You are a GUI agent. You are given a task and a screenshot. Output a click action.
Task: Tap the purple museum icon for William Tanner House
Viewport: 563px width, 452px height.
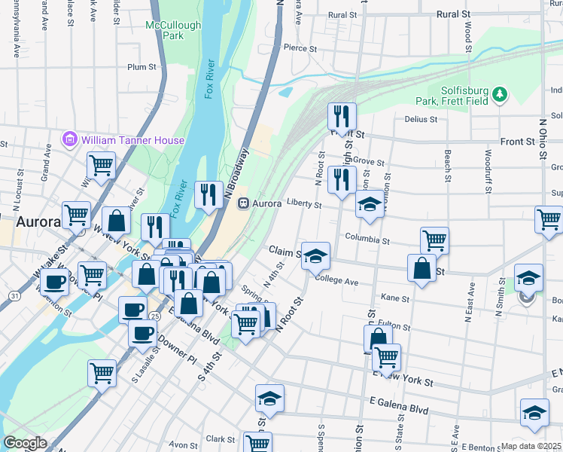pyautogui.click(x=70, y=139)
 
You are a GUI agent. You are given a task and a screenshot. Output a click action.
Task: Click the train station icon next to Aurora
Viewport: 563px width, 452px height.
pyautogui.click(x=243, y=203)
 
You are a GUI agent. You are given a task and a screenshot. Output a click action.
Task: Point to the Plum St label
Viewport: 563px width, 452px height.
pyautogui.click(x=142, y=67)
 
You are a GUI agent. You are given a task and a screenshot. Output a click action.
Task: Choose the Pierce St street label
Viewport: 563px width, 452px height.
pyautogui.click(x=299, y=47)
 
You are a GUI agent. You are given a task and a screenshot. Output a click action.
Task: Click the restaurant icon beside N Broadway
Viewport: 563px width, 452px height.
pyautogui.click(x=206, y=194)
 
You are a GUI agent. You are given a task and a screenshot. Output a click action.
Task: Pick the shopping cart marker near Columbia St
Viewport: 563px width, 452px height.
pyautogui.click(x=434, y=240)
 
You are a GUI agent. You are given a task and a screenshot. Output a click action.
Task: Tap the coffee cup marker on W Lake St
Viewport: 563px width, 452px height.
pyautogui.click(x=54, y=282)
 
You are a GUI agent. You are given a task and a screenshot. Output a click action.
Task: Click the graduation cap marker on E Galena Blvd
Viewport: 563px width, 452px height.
pyautogui.click(x=269, y=399)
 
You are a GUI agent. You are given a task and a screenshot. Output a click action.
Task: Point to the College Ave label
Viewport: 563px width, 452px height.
pyautogui.click(x=336, y=280)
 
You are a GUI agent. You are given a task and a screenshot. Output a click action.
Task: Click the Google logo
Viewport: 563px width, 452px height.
pyautogui.click(x=25, y=443)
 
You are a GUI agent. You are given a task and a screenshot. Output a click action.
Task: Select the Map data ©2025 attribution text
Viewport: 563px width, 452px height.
pyautogui.click(x=531, y=446)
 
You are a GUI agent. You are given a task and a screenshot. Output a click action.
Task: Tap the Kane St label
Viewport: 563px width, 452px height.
pyautogui.click(x=396, y=298)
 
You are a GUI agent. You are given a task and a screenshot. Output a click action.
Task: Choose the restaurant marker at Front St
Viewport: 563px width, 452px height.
pyautogui.click(x=342, y=116)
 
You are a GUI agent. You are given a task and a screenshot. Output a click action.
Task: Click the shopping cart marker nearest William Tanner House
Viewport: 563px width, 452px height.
pyautogui.click(x=100, y=165)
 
